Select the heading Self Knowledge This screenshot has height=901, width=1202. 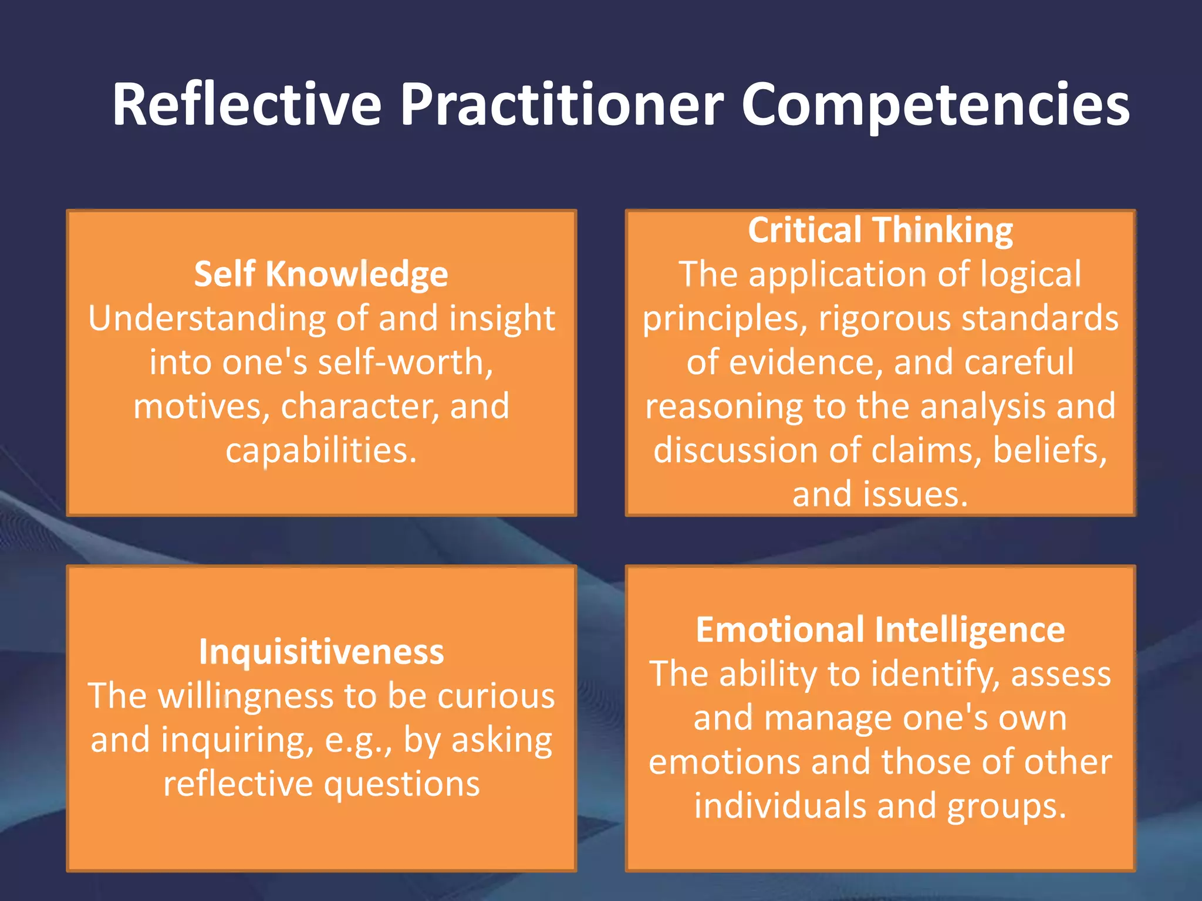tap(321, 274)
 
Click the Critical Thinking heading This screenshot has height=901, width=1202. tap(880, 229)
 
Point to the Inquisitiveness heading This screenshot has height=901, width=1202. tap(321, 652)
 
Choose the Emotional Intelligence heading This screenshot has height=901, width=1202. tap(880, 630)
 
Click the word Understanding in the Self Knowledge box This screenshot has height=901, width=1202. tap(205, 319)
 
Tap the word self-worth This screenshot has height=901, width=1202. tap(405, 363)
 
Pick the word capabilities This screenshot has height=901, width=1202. tap(321, 450)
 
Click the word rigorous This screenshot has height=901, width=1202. tap(884, 319)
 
